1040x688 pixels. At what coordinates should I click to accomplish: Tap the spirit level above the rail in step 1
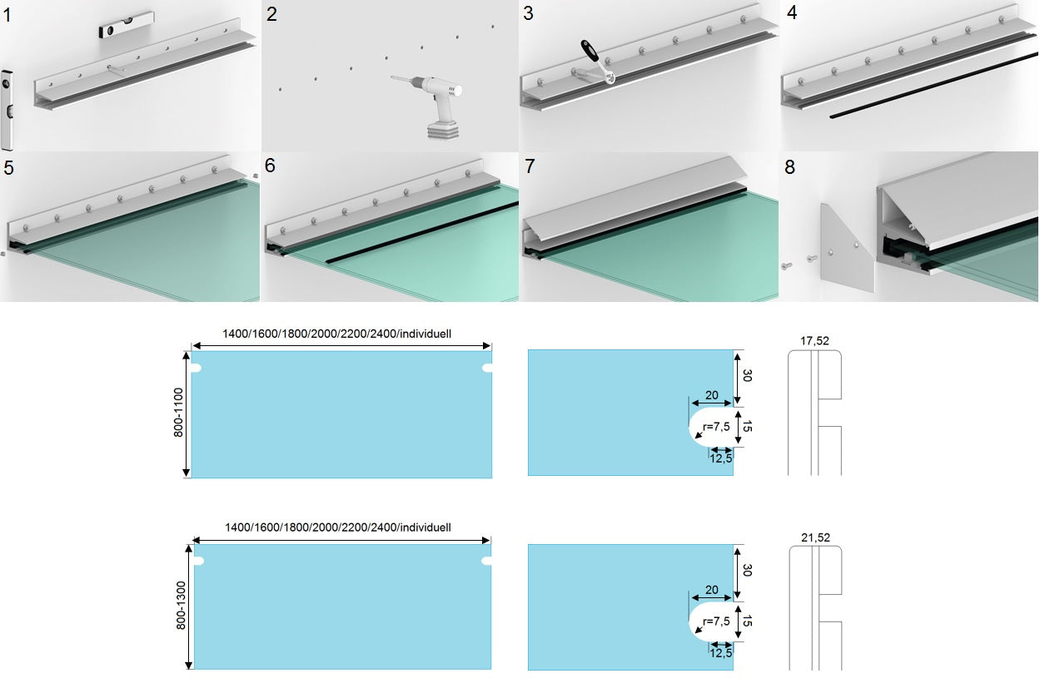[127, 25]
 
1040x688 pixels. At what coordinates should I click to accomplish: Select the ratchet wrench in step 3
[598, 62]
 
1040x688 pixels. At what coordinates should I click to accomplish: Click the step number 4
[792, 13]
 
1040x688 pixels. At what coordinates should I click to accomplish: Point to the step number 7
[530, 166]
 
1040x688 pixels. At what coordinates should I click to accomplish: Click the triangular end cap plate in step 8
[847, 248]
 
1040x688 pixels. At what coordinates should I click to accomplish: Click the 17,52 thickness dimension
[814, 341]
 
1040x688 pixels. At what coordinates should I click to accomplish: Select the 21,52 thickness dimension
[815, 537]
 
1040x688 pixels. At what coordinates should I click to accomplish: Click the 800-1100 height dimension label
[179, 413]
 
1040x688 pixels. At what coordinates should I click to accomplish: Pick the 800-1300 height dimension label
[181, 606]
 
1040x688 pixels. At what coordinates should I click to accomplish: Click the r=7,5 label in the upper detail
[716, 426]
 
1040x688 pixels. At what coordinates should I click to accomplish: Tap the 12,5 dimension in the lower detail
[720, 653]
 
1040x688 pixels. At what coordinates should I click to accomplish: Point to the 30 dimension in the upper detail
[747, 375]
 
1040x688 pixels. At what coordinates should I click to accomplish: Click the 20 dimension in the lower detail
[712, 590]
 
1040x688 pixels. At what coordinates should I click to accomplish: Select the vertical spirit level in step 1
[7, 111]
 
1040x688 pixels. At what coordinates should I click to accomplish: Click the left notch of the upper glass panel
[197, 368]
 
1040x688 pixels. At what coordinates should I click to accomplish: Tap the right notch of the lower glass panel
[486, 561]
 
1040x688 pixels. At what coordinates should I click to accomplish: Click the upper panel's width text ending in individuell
[336, 334]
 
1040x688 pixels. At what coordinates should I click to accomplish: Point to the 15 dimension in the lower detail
[747, 621]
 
